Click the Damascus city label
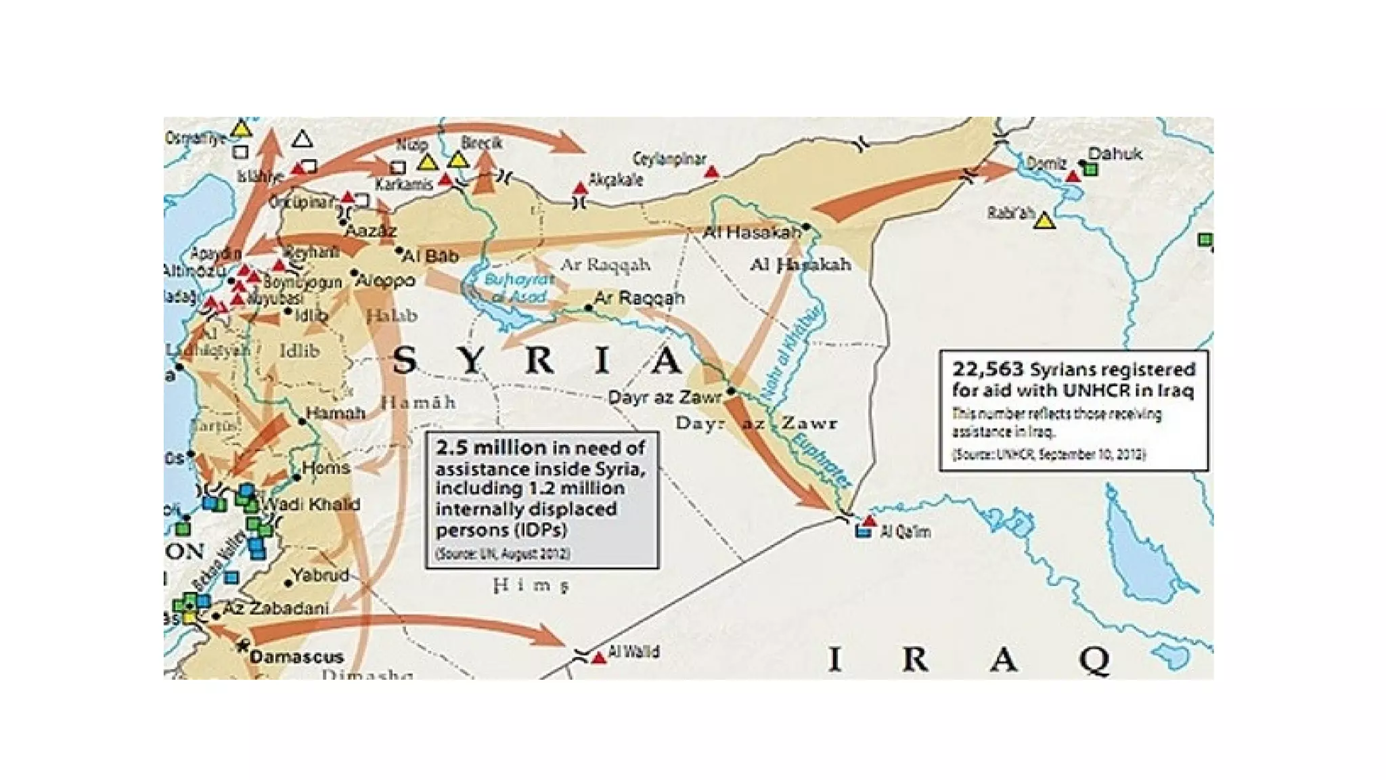tap(296, 656)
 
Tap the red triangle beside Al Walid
tap(598, 657)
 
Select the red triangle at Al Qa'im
tap(870, 521)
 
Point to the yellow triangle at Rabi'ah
tap(1045, 221)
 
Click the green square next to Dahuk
tap(1090, 169)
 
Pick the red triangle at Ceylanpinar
tap(711, 172)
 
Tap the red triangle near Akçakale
tap(580, 188)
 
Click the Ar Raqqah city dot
tap(588, 308)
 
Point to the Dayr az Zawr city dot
tap(732, 391)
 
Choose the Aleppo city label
tap(385, 280)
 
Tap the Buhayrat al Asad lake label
tap(518, 288)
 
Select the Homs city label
tap(326, 467)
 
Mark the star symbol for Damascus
tap(243, 645)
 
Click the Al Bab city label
tap(430, 256)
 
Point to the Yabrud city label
tap(321, 575)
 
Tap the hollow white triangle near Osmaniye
tap(302, 139)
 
